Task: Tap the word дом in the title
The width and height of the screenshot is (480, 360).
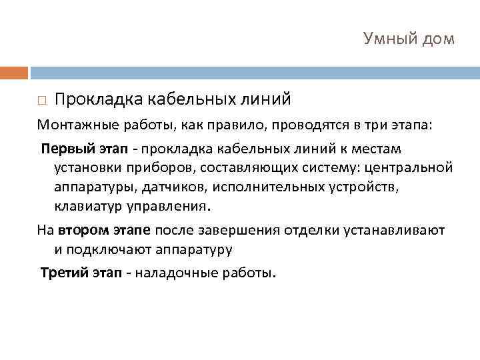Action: point(437,39)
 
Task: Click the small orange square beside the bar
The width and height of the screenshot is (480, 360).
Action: point(14,72)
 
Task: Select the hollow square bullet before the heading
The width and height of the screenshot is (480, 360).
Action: point(41,101)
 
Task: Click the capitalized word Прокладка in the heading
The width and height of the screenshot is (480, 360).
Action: point(99,99)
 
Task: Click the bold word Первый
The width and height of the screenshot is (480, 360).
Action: point(63,148)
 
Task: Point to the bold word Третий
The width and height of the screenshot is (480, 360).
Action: point(63,273)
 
